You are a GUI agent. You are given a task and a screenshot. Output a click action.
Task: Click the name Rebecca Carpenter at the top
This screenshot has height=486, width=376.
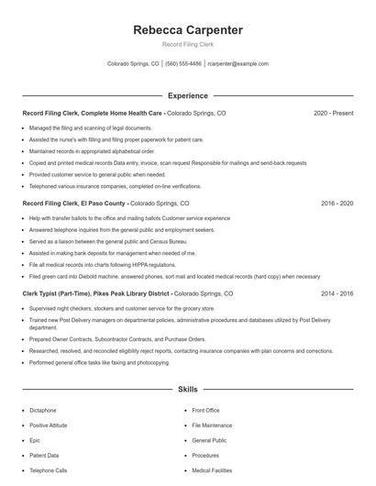coord(187,30)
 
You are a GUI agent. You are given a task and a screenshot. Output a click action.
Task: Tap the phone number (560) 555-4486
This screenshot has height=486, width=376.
coord(183,64)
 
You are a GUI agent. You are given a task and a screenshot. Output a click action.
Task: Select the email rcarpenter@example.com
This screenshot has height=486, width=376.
coord(238,64)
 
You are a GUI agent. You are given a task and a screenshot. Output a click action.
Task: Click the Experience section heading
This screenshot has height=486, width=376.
coord(187,95)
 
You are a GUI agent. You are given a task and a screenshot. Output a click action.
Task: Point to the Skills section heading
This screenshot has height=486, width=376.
coord(187,389)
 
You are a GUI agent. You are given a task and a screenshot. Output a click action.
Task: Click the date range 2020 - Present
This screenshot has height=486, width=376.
coord(334,113)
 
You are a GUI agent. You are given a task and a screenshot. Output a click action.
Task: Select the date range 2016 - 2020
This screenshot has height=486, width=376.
coord(337,203)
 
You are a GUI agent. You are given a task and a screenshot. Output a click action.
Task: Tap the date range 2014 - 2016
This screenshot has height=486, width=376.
coord(337,293)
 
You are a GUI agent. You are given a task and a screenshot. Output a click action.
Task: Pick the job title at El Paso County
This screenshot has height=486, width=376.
coord(73,203)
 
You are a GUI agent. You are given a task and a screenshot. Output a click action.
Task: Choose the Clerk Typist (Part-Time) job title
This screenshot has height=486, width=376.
coord(96,293)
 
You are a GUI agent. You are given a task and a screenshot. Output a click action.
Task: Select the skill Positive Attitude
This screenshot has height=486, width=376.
coord(50,426)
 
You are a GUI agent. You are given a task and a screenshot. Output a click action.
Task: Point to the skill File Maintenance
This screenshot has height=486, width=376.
coord(212,426)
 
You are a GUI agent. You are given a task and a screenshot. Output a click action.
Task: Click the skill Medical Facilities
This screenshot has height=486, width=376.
coord(213,470)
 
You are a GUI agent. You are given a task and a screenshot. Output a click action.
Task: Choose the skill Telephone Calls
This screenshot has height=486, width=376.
coord(49,470)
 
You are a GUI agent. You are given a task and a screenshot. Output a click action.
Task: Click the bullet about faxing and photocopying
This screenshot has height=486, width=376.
coord(101,363)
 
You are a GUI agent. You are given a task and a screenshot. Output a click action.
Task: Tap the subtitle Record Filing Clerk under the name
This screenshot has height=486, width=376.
coord(187,45)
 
